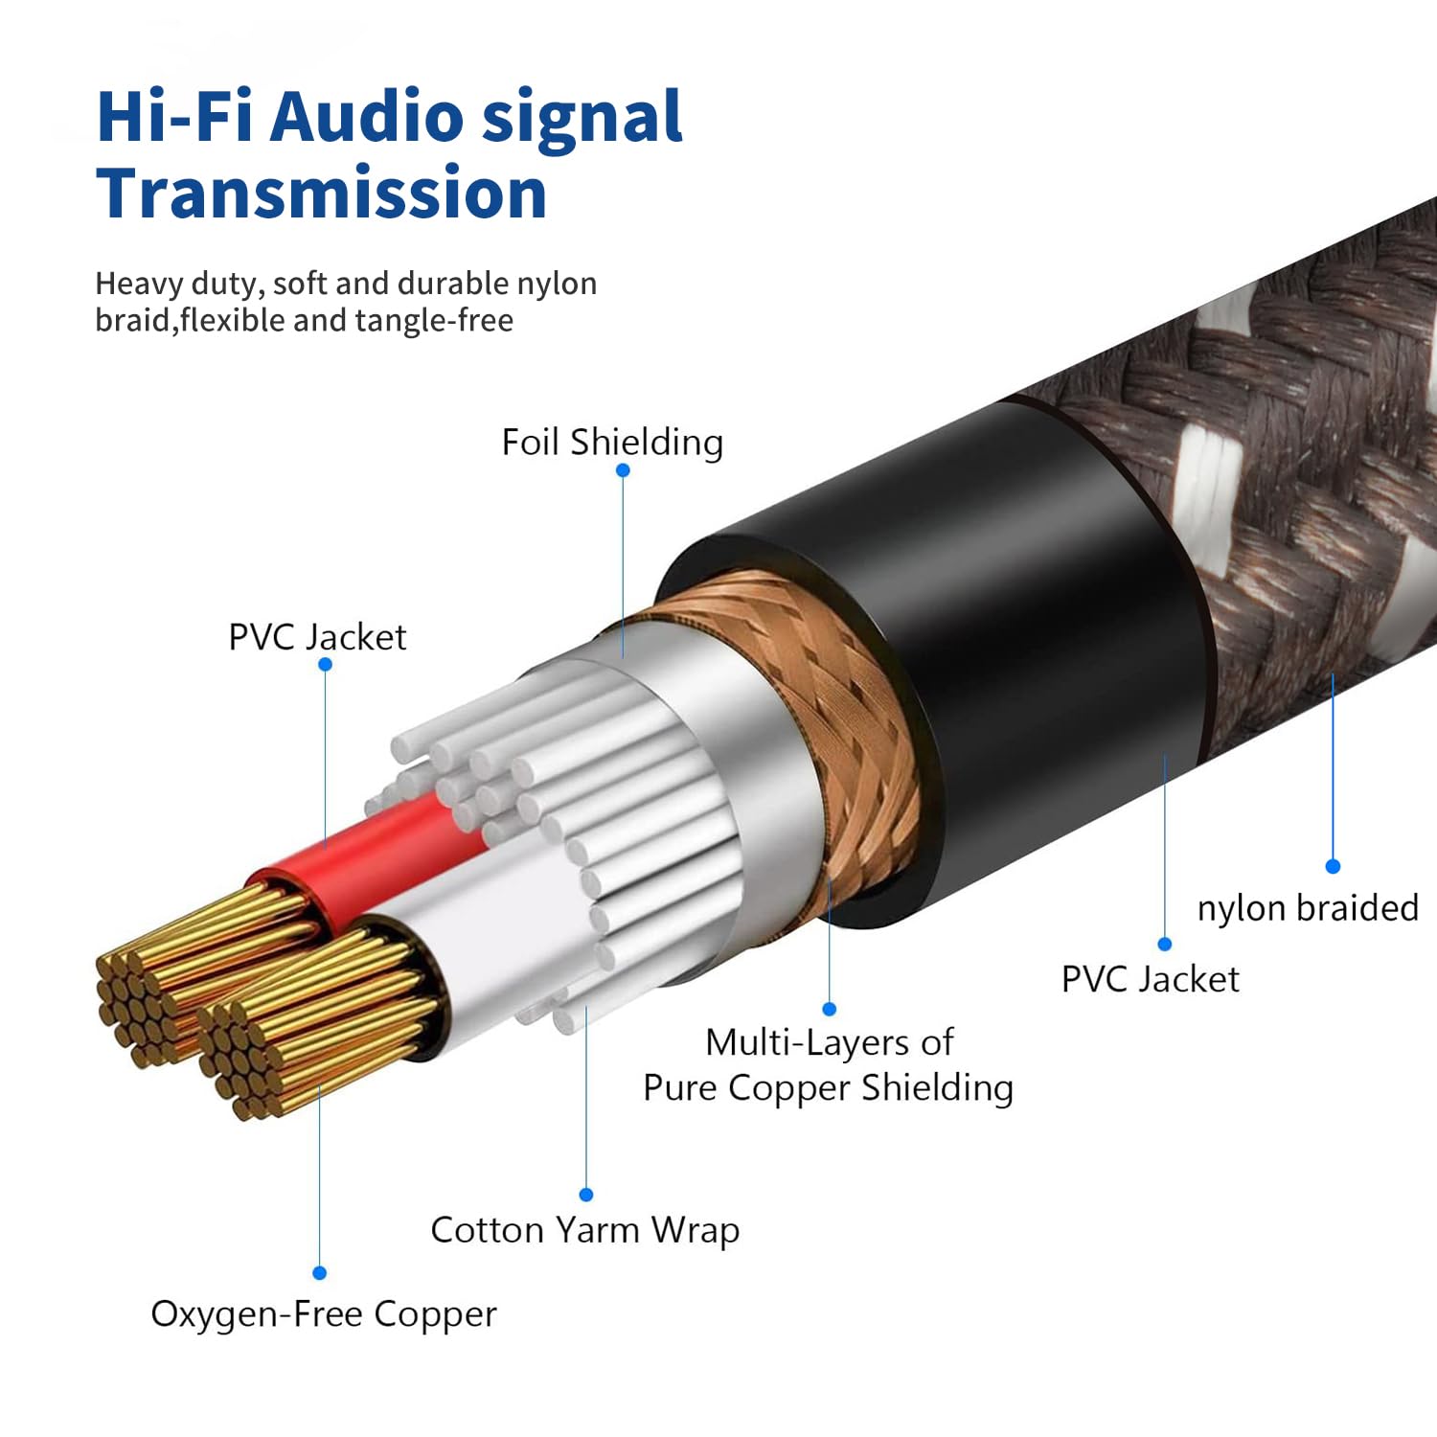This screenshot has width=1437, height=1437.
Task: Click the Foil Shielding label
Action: [612, 443]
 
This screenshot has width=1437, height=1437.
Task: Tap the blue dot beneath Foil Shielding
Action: [623, 470]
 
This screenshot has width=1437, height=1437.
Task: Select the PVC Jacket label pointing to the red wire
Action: [317, 637]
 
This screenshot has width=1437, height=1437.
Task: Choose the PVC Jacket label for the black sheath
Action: [1150, 979]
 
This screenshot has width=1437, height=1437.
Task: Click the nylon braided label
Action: [1308, 907]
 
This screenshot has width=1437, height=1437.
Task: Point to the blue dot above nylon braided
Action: [1333, 866]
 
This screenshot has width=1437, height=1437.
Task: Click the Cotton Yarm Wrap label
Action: [584, 1229]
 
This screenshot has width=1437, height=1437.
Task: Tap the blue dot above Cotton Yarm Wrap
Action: [586, 1195]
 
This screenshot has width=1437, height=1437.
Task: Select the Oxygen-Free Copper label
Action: [324, 1313]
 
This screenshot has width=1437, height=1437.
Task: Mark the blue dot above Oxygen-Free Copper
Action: [320, 1273]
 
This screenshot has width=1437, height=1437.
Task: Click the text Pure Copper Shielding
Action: [828, 1088]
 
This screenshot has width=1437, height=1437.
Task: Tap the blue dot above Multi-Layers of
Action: [830, 1009]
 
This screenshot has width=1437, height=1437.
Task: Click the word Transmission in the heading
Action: [322, 193]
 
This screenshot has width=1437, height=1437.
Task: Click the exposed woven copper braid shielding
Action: [843, 718]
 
